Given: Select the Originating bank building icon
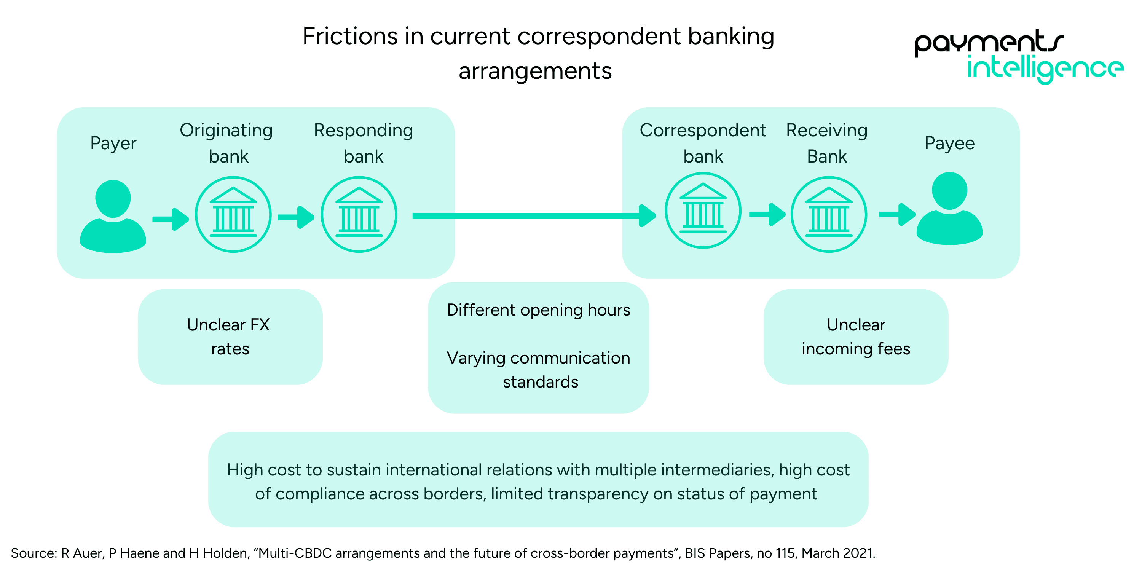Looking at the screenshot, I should [x=233, y=215].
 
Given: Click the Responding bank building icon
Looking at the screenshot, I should [x=359, y=215].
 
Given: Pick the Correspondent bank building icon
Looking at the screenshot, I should [x=703, y=211].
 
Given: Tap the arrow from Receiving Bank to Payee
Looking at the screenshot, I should [x=897, y=215].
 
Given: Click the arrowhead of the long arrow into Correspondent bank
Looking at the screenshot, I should [x=647, y=216].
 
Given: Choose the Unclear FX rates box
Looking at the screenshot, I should [x=230, y=337].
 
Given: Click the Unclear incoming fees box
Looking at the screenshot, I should [x=856, y=337].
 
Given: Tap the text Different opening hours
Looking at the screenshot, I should [x=538, y=310].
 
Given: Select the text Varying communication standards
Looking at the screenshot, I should [x=538, y=370].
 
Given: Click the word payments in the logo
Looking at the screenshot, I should [x=989, y=42].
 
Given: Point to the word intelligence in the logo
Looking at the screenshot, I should [x=1045, y=69].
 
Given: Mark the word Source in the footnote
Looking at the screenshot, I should [x=33, y=553].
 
